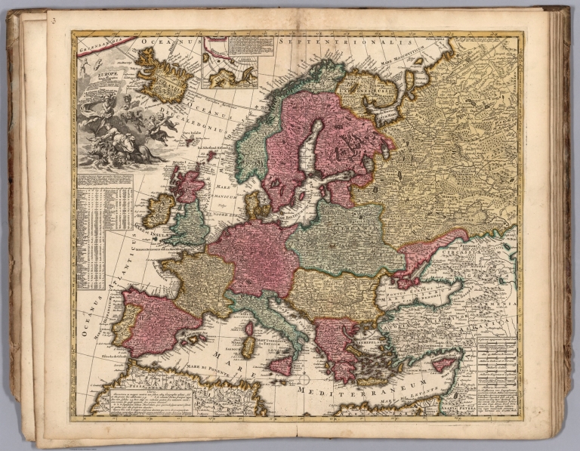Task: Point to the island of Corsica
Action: (x=249, y=329)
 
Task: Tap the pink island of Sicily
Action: (x=281, y=366)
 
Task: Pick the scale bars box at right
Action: (x=496, y=362)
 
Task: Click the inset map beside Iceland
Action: (x=230, y=60)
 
